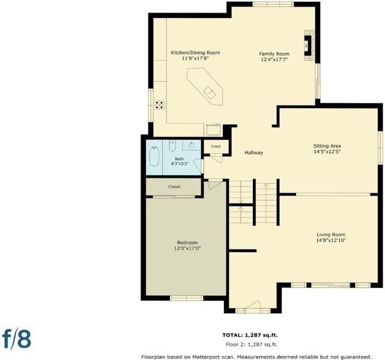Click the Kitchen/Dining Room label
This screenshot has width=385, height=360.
(x=195, y=52)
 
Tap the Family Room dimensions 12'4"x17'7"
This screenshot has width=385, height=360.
(x=274, y=59)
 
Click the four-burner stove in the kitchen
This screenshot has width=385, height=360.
(x=160, y=105)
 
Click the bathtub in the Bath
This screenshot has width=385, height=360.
(x=154, y=156)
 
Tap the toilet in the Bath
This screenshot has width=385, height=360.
(x=172, y=146)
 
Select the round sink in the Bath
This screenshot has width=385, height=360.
(x=192, y=145)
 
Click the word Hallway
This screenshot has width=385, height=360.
(x=253, y=152)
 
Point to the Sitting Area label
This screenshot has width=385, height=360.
(x=327, y=146)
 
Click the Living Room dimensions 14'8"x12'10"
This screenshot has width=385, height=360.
(x=331, y=241)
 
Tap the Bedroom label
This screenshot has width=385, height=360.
(x=187, y=243)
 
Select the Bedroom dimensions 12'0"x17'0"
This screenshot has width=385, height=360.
(x=187, y=248)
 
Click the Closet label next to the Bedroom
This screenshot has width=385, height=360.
(x=174, y=187)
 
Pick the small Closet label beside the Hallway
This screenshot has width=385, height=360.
(x=216, y=146)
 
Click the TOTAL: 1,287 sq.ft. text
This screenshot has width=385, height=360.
(x=250, y=335)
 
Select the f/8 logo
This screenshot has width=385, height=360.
(x=17, y=339)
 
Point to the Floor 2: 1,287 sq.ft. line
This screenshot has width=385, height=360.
(x=252, y=344)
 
